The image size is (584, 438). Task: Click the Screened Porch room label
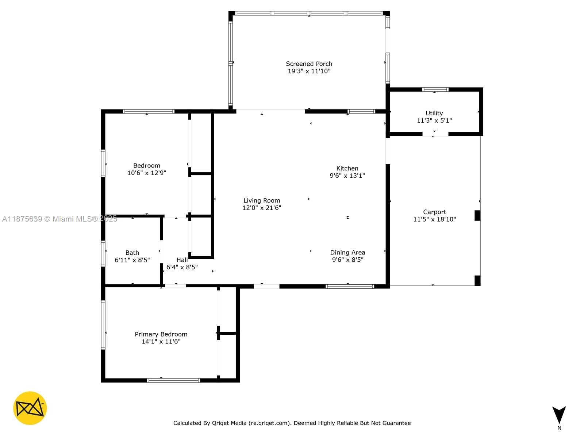click(x=309, y=64)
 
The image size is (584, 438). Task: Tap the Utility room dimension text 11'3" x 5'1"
click(x=434, y=120)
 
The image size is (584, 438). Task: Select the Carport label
click(x=434, y=212)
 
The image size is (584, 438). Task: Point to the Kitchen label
click(x=347, y=168)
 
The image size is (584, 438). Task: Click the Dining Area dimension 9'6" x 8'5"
click(x=347, y=260)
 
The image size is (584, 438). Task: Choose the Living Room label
click(x=262, y=200)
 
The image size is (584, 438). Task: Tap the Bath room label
click(x=132, y=253)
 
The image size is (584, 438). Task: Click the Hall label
click(x=182, y=260)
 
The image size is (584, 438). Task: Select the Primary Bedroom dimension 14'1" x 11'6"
click(x=161, y=342)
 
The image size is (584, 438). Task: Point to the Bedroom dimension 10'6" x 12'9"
click(x=147, y=173)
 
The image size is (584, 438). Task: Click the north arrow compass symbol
click(x=559, y=415)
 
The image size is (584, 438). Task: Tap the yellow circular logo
click(x=30, y=408)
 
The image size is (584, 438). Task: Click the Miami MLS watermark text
click(x=59, y=219)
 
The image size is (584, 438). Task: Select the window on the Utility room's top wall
click(x=435, y=89)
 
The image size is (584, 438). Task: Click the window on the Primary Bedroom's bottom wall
click(x=173, y=380)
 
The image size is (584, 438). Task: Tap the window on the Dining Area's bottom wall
click(x=350, y=287)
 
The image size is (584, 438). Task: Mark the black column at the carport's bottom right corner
click(x=477, y=280)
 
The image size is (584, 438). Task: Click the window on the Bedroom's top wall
click(x=149, y=111)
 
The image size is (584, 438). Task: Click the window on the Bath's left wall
click(x=103, y=253)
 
